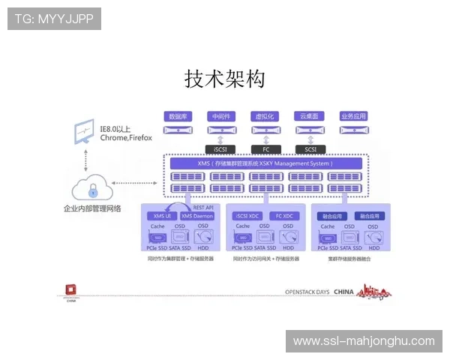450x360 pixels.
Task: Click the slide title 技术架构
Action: click(x=225, y=79)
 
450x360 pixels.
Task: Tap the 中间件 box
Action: click(x=220, y=116)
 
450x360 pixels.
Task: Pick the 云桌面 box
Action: click(x=309, y=116)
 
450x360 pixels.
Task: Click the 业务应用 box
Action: click(x=353, y=116)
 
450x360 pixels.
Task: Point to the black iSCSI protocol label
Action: click(x=220, y=148)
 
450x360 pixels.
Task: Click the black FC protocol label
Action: click(x=265, y=148)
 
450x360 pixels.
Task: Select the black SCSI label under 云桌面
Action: click(x=309, y=148)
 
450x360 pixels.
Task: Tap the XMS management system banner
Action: click(x=262, y=163)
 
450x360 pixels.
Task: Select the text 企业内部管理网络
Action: click(x=92, y=208)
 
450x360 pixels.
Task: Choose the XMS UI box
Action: click(x=162, y=216)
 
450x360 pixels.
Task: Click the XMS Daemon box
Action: click(x=197, y=216)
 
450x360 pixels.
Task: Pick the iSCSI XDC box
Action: click(x=247, y=216)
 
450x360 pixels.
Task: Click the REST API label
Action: click(x=203, y=207)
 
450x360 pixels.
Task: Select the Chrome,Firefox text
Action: click(x=126, y=138)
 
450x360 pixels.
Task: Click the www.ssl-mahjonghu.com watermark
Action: click(x=363, y=341)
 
